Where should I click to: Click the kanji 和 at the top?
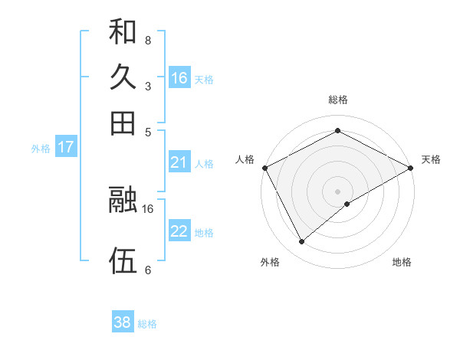(x=123, y=32)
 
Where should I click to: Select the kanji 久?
(x=123, y=77)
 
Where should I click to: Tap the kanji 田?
(x=123, y=123)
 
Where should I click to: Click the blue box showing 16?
(x=179, y=78)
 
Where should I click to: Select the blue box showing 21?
(x=179, y=162)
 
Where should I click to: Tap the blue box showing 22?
(x=179, y=231)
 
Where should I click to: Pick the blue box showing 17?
(x=66, y=147)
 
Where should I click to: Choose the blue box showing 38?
(x=123, y=322)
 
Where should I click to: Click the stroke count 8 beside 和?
(x=147, y=40)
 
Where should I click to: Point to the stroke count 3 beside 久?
(x=147, y=86)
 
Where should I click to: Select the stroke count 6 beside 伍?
(x=147, y=270)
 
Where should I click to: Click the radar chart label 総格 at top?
(x=338, y=100)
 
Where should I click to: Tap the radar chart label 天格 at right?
(x=431, y=159)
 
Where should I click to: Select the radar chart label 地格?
(x=402, y=262)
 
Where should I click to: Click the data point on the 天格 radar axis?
(x=411, y=167)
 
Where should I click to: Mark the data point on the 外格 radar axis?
(x=302, y=242)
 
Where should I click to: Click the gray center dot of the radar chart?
(x=338, y=191)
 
